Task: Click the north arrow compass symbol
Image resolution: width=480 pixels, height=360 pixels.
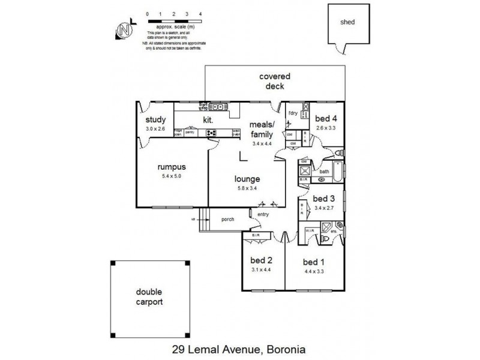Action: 124,30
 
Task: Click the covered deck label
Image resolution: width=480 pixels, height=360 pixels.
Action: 275,81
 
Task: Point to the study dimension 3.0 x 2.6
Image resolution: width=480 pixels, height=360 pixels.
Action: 154,128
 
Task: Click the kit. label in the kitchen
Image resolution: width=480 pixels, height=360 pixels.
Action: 208,120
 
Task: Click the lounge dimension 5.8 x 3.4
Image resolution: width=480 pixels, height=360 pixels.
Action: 247,188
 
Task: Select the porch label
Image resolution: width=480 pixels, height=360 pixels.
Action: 227,219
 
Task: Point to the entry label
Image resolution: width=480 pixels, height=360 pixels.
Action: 263,214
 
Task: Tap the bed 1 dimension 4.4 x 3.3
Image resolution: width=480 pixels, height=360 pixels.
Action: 314,271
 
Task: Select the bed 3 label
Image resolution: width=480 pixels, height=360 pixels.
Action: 324,199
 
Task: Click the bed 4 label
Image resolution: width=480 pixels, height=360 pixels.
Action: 327,118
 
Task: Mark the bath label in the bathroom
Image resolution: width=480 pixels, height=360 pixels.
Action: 324,172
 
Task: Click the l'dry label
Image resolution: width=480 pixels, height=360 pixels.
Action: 293,113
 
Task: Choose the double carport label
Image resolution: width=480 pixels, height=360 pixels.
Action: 149,297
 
